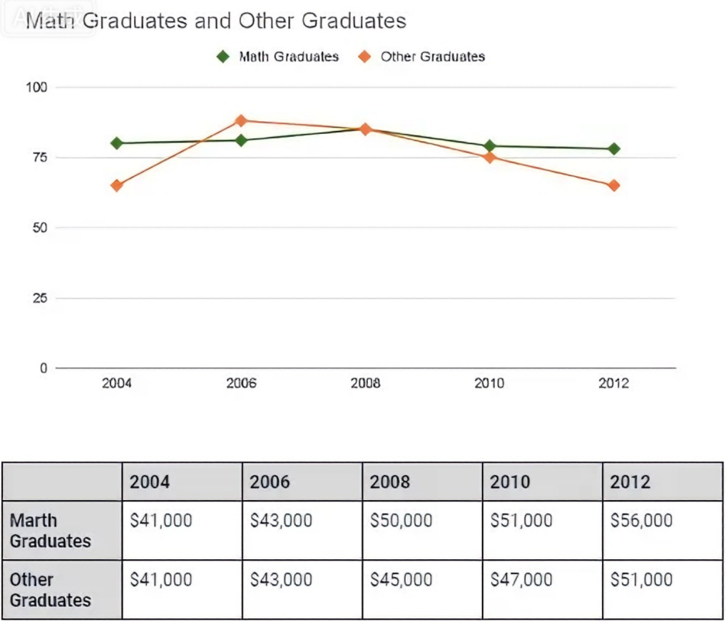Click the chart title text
[216, 21]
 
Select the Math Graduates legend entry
[278, 56]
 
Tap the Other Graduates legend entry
[421, 56]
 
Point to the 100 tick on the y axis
[36, 87]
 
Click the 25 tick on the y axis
[40, 298]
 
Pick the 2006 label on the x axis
[241, 383]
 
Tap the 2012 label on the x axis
[613, 383]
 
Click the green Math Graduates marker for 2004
[117, 143]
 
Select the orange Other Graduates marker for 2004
[117, 185]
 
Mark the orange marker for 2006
[241, 120]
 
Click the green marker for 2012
[614, 149]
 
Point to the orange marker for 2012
[614, 185]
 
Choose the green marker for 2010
[489, 146]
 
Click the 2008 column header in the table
[390, 482]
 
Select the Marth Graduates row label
[51, 531]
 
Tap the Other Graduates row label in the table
[51, 590]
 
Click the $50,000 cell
[401, 521]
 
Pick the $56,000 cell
[641, 521]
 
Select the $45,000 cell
[401, 580]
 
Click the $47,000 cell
[521, 580]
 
